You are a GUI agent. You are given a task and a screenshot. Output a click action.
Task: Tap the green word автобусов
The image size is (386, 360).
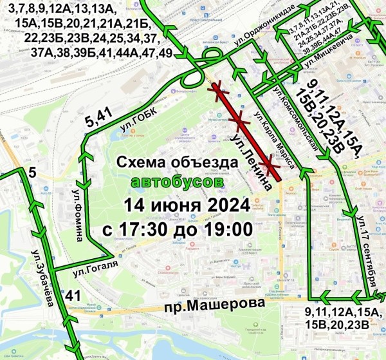pyautogui.click(x=178, y=183)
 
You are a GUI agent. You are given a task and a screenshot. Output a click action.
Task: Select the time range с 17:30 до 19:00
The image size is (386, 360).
pyautogui.click(x=178, y=228)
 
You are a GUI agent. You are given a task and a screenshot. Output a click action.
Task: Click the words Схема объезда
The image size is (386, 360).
pyautogui.click(x=178, y=162)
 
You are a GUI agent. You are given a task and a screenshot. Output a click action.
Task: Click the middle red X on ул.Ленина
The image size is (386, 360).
pyautogui.click(x=240, y=120)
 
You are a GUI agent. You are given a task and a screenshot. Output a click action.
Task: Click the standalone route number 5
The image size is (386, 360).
pyautogui.click(x=32, y=172)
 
